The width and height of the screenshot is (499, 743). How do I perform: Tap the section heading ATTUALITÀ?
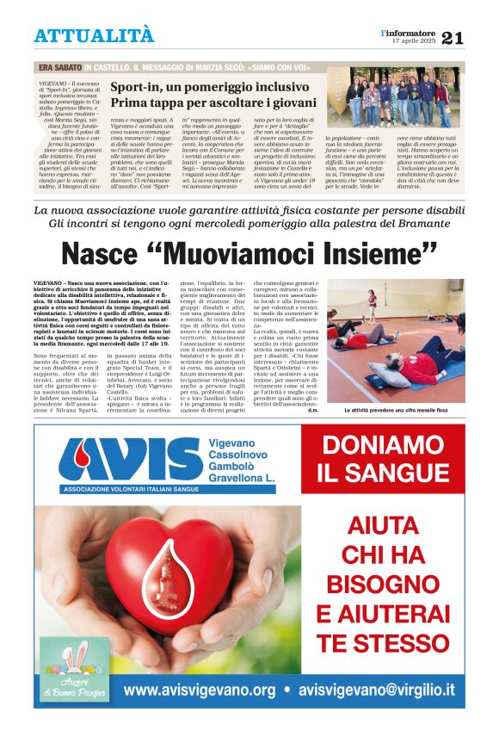[94, 36]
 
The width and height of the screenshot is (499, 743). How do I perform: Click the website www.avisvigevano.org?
[200, 690]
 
